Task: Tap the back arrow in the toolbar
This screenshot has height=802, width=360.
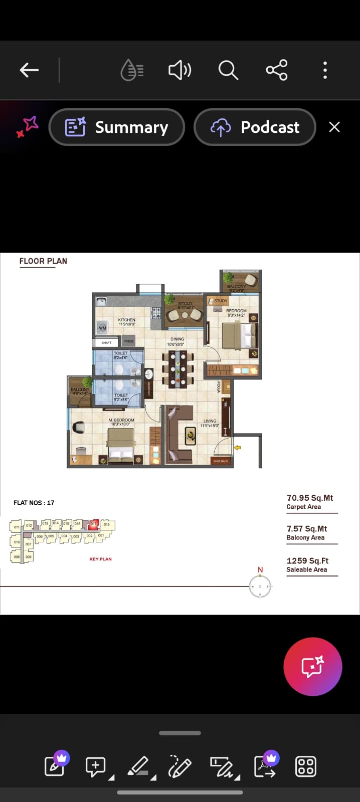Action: click(x=29, y=70)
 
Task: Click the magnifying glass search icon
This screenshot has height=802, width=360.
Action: click(x=228, y=70)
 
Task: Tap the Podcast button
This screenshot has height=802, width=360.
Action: click(x=255, y=127)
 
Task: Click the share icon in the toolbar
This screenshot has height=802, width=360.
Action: click(x=277, y=70)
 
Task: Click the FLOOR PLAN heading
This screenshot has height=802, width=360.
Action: click(x=43, y=261)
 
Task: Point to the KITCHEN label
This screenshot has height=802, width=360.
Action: click(x=126, y=320)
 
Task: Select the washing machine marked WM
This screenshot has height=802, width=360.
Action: click(x=103, y=328)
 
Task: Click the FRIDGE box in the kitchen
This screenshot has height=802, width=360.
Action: click(x=129, y=341)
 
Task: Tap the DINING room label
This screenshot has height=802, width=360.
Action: click(x=177, y=339)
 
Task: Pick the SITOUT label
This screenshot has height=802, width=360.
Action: click(x=185, y=304)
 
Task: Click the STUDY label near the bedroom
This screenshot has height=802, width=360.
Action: click(x=221, y=301)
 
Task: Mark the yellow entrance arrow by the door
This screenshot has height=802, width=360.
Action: click(x=238, y=447)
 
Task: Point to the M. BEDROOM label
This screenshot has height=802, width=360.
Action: click(x=121, y=420)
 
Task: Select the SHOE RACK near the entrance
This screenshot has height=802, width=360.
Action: click(x=221, y=461)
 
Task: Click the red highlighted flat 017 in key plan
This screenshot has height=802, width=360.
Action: click(x=93, y=524)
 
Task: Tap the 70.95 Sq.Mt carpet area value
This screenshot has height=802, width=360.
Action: click(x=309, y=498)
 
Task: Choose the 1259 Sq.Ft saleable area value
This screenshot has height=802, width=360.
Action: click(x=307, y=561)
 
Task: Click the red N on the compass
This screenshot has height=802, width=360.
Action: click(x=260, y=570)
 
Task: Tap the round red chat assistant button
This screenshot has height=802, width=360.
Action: click(x=312, y=667)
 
